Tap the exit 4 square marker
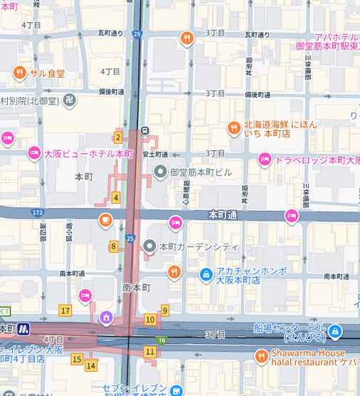(x=116, y=198)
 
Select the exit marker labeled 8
(x=114, y=246)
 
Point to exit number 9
(x=165, y=310)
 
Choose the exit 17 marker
(x=65, y=311)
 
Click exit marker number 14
(x=90, y=365)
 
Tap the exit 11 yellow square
(x=149, y=352)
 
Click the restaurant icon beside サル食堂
(x=19, y=73)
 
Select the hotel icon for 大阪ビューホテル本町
(x=33, y=153)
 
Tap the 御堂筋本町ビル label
(x=201, y=172)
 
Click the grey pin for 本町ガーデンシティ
(x=149, y=246)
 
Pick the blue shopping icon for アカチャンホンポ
(x=206, y=274)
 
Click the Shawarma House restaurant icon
(x=262, y=356)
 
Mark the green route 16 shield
(x=162, y=340)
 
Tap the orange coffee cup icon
(x=105, y=219)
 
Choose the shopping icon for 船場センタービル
(x=335, y=332)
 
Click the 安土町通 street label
(x=155, y=154)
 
